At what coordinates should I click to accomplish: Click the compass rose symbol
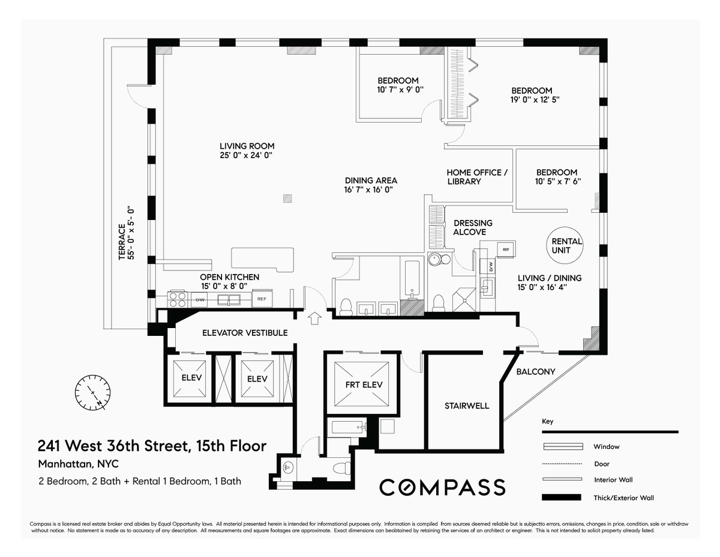point(92,393)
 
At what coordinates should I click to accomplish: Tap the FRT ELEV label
point(364,385)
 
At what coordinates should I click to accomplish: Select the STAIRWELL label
point(467,406)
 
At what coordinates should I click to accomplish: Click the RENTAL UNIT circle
point(565,246)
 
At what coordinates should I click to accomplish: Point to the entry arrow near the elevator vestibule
point(314,318)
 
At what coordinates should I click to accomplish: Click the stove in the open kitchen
point(177,299)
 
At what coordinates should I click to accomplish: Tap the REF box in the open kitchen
point(262,298)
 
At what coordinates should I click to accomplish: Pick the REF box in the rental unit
point(506,249)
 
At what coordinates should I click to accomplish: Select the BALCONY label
point(535,372)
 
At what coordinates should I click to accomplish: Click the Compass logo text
point(442,487)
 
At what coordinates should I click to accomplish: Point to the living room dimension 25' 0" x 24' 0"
point(246,155)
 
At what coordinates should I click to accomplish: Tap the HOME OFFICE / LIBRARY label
point(477,177)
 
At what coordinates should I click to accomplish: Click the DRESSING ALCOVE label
point(472,228)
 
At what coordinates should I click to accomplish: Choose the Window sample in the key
point(563,446)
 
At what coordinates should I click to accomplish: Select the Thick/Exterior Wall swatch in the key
point(561,498)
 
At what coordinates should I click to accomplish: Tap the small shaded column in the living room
point(287,198)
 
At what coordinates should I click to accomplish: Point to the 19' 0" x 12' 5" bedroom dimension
point(535,100)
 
